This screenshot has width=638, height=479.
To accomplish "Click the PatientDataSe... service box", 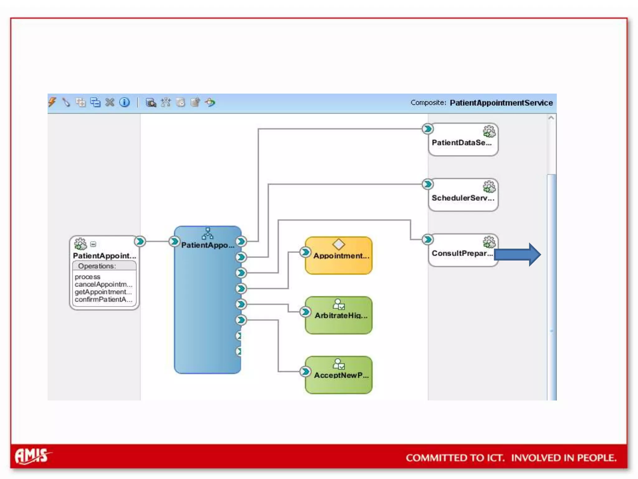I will pyautogui.click(x=463, y=140).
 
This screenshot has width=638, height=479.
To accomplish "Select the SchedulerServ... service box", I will pyautogui.click(x=463, y=195).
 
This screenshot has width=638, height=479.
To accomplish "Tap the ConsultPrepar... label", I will pyautogui.click(x=462, y=253).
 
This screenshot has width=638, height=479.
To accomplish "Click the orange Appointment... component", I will pyautogui.click(x=339, y=256).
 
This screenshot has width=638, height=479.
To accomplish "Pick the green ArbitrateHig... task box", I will pyautogui.click(x=339, y=316).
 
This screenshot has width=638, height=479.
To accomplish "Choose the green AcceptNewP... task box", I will pyautogui.click(x=339, y=375).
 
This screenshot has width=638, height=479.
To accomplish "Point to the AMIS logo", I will pyautogui.click(x=32, y=456).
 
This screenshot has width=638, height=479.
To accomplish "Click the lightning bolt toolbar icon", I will pyautogui.click(x=52, y=102).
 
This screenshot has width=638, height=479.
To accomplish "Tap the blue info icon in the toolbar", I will pyautogui.click(x=125, y=102).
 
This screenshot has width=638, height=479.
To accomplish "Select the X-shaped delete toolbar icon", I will pyautogui.click(x=110, y=102).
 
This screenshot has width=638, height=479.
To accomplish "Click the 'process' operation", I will pyautogui.click(x=88, y=277).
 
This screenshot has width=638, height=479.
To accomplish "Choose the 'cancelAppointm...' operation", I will pyautogui.click(x=103, y=284).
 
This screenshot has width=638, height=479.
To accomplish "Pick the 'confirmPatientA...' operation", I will pyautogui.click(x=103, y=300).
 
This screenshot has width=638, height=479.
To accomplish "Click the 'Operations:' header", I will pyautogui.click(x=97, y=266).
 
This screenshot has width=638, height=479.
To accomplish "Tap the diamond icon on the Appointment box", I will pyautogui.click(x=339, y=244).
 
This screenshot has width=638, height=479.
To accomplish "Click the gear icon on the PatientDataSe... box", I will pyautogui.click(x=489, y=131).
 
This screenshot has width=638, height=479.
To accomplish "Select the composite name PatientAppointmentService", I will pyautogui.click(x=501, y=103).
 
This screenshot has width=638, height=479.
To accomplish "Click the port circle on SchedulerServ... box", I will pyautogui.click(x=428, y=184).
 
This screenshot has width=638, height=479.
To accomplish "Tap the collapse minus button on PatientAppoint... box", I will pyautogui.click(x=93, y=244).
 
